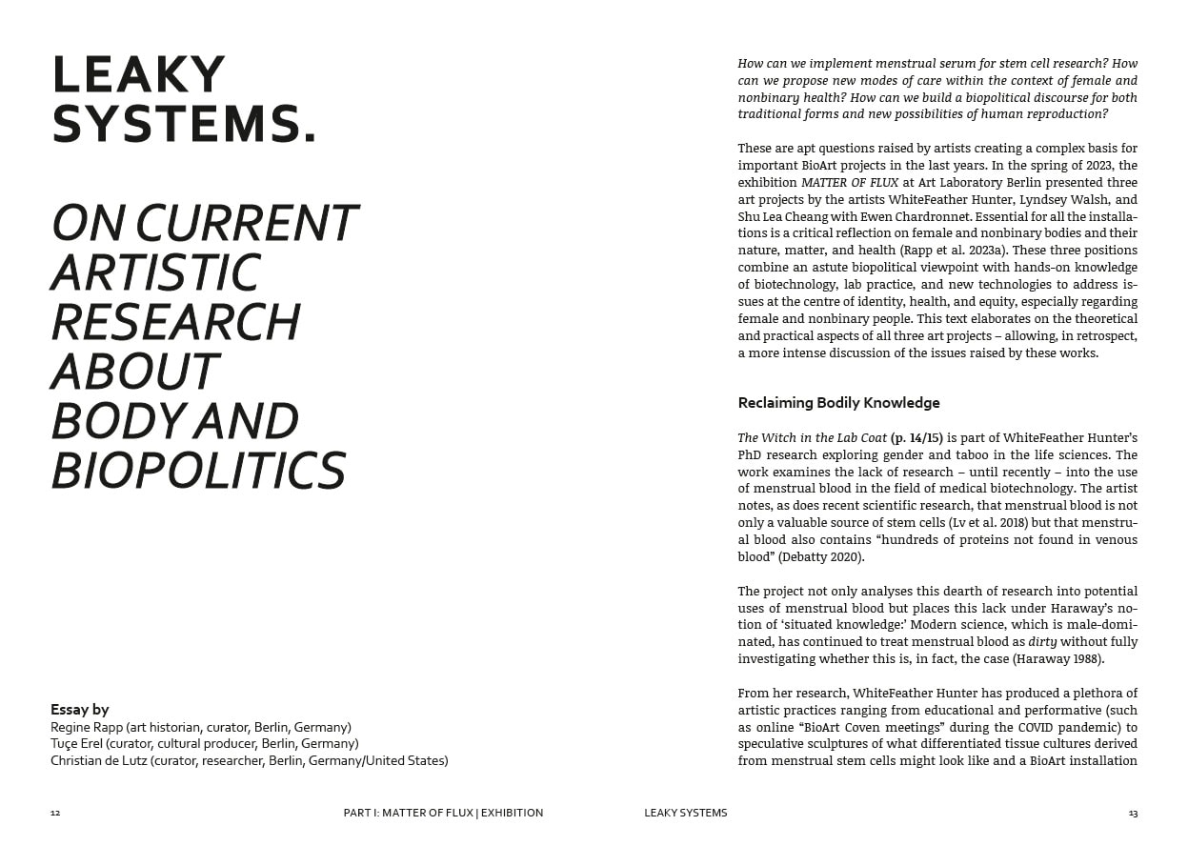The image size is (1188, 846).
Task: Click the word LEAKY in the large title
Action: click(138, 76)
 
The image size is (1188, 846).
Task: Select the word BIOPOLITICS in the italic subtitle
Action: click(197, 471)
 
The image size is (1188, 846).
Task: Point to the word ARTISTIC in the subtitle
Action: click(154, 272)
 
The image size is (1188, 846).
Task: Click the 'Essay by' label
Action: click(80, 709)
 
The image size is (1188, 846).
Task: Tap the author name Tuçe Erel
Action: click(80, 743)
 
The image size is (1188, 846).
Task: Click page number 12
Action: click(55, 814)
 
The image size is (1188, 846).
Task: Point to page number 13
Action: click(1133, 814)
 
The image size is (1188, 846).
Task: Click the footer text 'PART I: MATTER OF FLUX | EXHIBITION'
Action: click(443, 814)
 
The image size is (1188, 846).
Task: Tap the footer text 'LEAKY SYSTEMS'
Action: click(685, 814)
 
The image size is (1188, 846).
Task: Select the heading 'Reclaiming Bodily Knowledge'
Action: click(838, 403)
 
